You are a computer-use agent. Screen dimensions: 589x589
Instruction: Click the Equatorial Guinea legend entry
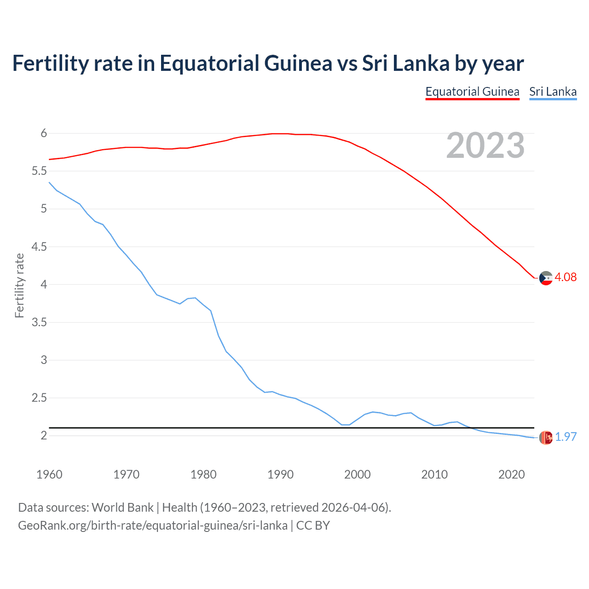click(472, 92)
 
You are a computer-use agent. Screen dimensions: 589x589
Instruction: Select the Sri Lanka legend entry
click(553, 92)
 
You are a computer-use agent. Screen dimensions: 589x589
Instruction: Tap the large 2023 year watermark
click(485, 145)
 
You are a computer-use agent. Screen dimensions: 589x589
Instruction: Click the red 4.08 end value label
click(566, 277)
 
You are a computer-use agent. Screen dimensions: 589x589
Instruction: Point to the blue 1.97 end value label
click(566, 437)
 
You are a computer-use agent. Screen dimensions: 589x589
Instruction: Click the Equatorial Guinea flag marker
click(546, 278)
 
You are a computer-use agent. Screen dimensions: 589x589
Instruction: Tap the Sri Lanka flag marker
click(546, 438)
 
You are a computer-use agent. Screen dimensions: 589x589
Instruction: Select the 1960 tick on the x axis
click(49, 474)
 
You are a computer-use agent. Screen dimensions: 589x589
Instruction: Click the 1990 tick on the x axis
click(280, 474)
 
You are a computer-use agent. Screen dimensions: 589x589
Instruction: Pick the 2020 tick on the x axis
click(511, 474)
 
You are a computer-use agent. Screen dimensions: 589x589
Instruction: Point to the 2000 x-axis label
click(357, 474)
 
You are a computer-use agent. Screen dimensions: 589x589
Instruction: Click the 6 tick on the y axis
click(44, 133)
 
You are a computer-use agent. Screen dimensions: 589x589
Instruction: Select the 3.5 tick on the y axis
click(39, 322)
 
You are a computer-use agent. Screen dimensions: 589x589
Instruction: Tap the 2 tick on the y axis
click(44, 435)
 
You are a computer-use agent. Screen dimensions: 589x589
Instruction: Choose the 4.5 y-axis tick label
click(39, 247)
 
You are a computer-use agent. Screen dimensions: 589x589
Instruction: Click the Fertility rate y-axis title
click(19, 285)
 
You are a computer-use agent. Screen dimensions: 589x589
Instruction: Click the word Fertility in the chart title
click(50, 64)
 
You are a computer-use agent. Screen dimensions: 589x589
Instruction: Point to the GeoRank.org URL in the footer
click(152, 525)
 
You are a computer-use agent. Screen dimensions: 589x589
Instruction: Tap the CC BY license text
click(313, 525)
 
